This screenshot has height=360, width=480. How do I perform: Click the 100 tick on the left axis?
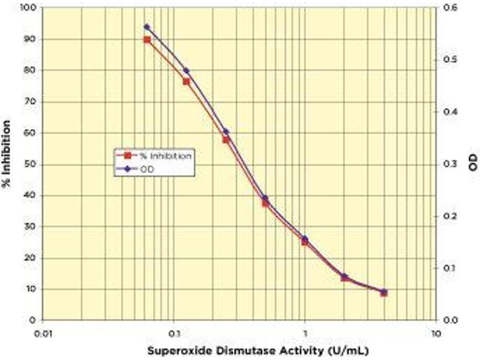tap(28, 8)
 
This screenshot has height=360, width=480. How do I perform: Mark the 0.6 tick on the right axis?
tap(448, 8)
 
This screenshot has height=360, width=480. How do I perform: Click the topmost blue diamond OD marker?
tap(146, 27)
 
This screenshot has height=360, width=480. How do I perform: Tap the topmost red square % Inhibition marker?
tap(146, 40)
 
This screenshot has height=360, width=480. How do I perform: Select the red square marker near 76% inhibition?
tap(186, 81)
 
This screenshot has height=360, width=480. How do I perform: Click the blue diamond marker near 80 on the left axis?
tap(186, 71)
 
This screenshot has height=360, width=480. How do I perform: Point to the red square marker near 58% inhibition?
tap(226, 139)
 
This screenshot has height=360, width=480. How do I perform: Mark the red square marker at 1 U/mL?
tap(305, 242)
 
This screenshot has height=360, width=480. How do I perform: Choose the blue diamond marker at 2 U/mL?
tap(344, 277)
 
